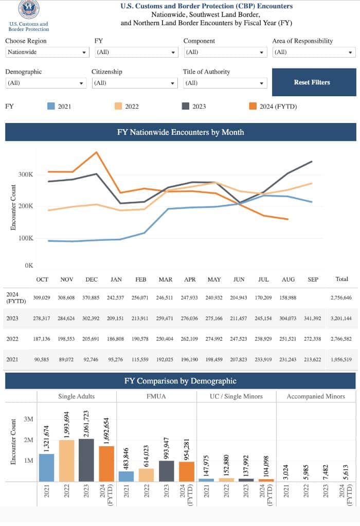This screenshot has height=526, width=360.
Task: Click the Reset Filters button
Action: (x=314, y=82)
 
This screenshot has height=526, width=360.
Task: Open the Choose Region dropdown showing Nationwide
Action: (x=47, y=52)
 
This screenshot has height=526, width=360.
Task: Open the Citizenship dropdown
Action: (x=135, y=83)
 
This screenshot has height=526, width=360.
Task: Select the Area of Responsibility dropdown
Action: (x=314, y=52)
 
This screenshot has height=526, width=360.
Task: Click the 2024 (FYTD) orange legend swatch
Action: (x=253, y=107)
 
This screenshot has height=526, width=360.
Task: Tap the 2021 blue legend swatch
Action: (x=51, y=107)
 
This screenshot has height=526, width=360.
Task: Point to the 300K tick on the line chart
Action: (x=26, y=174)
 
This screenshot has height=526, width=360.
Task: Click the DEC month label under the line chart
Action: (x=92, y=279)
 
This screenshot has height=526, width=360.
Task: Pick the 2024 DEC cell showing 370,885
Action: (x=91, y=297)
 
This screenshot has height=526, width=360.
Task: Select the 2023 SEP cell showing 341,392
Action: (x=312, y=319)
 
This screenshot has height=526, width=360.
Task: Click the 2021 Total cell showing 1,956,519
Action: (x=341, y=359)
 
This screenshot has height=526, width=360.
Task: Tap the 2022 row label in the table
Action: (x=12, y=339)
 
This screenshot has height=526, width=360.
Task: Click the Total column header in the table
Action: (x=341, y=279)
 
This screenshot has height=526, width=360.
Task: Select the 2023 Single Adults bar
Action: (x=86, y=460)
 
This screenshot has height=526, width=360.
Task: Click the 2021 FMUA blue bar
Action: (x=126, y=477)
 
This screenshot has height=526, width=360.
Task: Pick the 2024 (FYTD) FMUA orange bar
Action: (x=186, y=471)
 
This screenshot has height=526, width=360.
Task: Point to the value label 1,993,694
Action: (x=66, y=425)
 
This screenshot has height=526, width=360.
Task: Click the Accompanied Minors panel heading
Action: (x=316, y=396)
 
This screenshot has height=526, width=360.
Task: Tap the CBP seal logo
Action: (x=29, y=9)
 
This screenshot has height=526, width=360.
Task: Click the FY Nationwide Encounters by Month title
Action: (x=181, y=132)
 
